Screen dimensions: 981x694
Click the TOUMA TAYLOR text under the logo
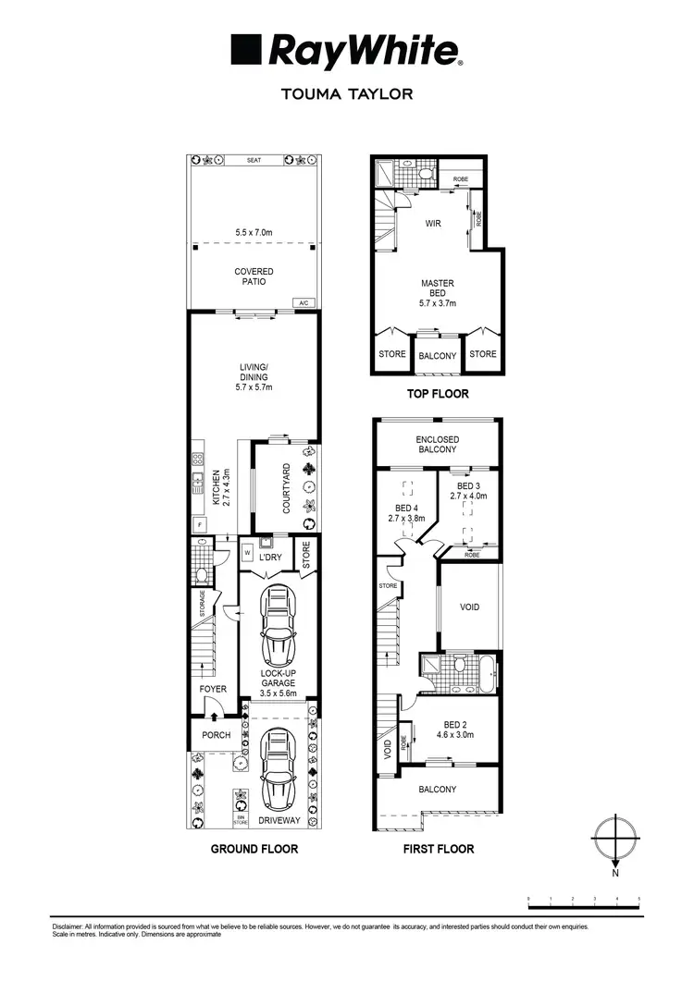tap(346, 93)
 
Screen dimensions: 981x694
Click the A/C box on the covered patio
tap(304, 303)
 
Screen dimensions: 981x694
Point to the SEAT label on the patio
tap(254, 160)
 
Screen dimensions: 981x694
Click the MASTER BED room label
tap(437, 293)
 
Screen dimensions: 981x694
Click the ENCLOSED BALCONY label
tap(437, 444)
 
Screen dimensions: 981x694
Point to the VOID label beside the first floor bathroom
tap(470, 607)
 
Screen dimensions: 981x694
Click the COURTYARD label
tap(287, 488)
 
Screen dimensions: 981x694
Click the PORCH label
tap(215, 735)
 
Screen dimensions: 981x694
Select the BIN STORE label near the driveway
tap(241, 816)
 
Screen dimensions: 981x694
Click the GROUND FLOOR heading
tap(254, 849)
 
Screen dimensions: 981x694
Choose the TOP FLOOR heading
tap(437, 394)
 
